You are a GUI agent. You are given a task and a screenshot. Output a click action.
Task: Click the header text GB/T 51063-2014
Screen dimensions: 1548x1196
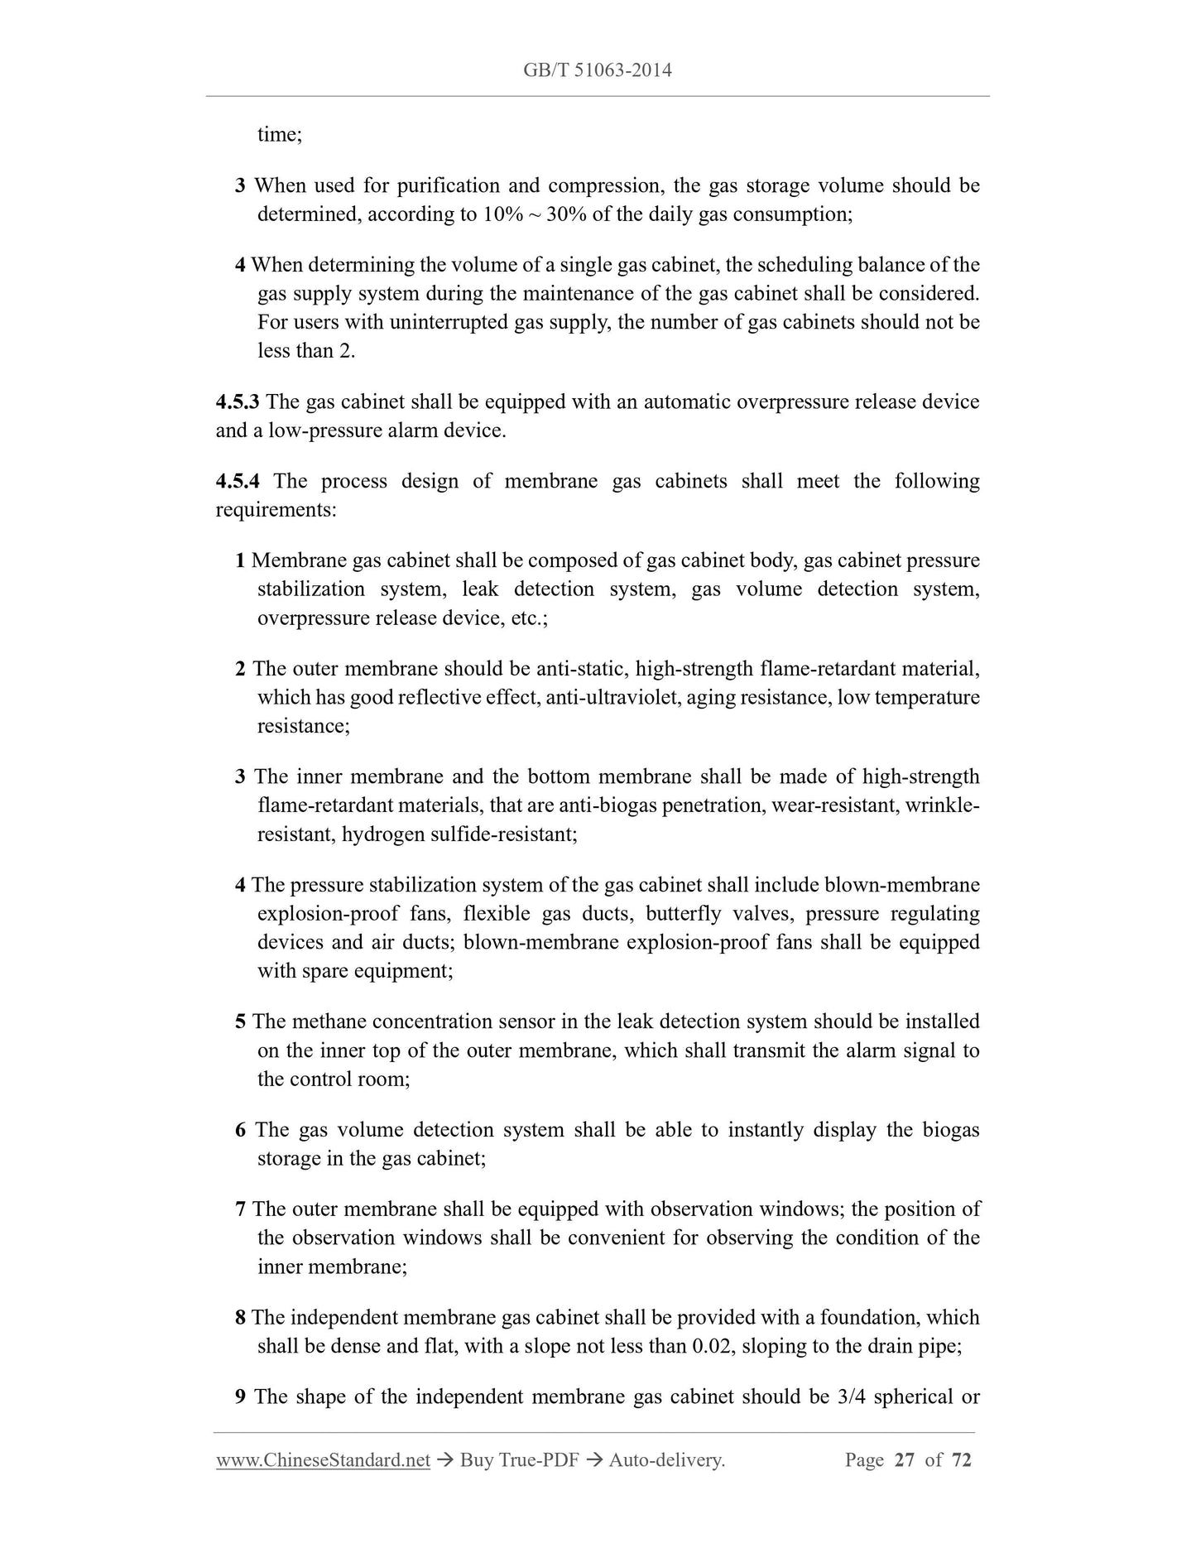click(x=597, y=70)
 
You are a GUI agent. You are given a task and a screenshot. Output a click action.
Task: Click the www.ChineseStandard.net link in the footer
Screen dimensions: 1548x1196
click(x=323, y=1459)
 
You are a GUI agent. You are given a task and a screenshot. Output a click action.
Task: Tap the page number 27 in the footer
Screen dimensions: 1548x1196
click(x=905, y=1459)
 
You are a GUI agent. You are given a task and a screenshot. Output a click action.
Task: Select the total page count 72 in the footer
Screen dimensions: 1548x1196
click(x=961, y=1459)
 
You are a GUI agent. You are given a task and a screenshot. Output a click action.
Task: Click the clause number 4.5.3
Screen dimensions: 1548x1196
click(x=238, y=401)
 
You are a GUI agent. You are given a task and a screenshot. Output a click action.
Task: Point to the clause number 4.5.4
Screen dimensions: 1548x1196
click(x=238, y=481)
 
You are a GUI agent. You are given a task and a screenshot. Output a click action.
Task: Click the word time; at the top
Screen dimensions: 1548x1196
click(x=280, y=134)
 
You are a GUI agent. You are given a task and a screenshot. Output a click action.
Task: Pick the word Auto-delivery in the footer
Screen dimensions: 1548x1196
click(x=666, y=1459)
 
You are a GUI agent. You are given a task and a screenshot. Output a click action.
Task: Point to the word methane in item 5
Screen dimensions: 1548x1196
click(x=326, y=1022)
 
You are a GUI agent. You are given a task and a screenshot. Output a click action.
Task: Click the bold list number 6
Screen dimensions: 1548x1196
click(x=241, y=1130)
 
